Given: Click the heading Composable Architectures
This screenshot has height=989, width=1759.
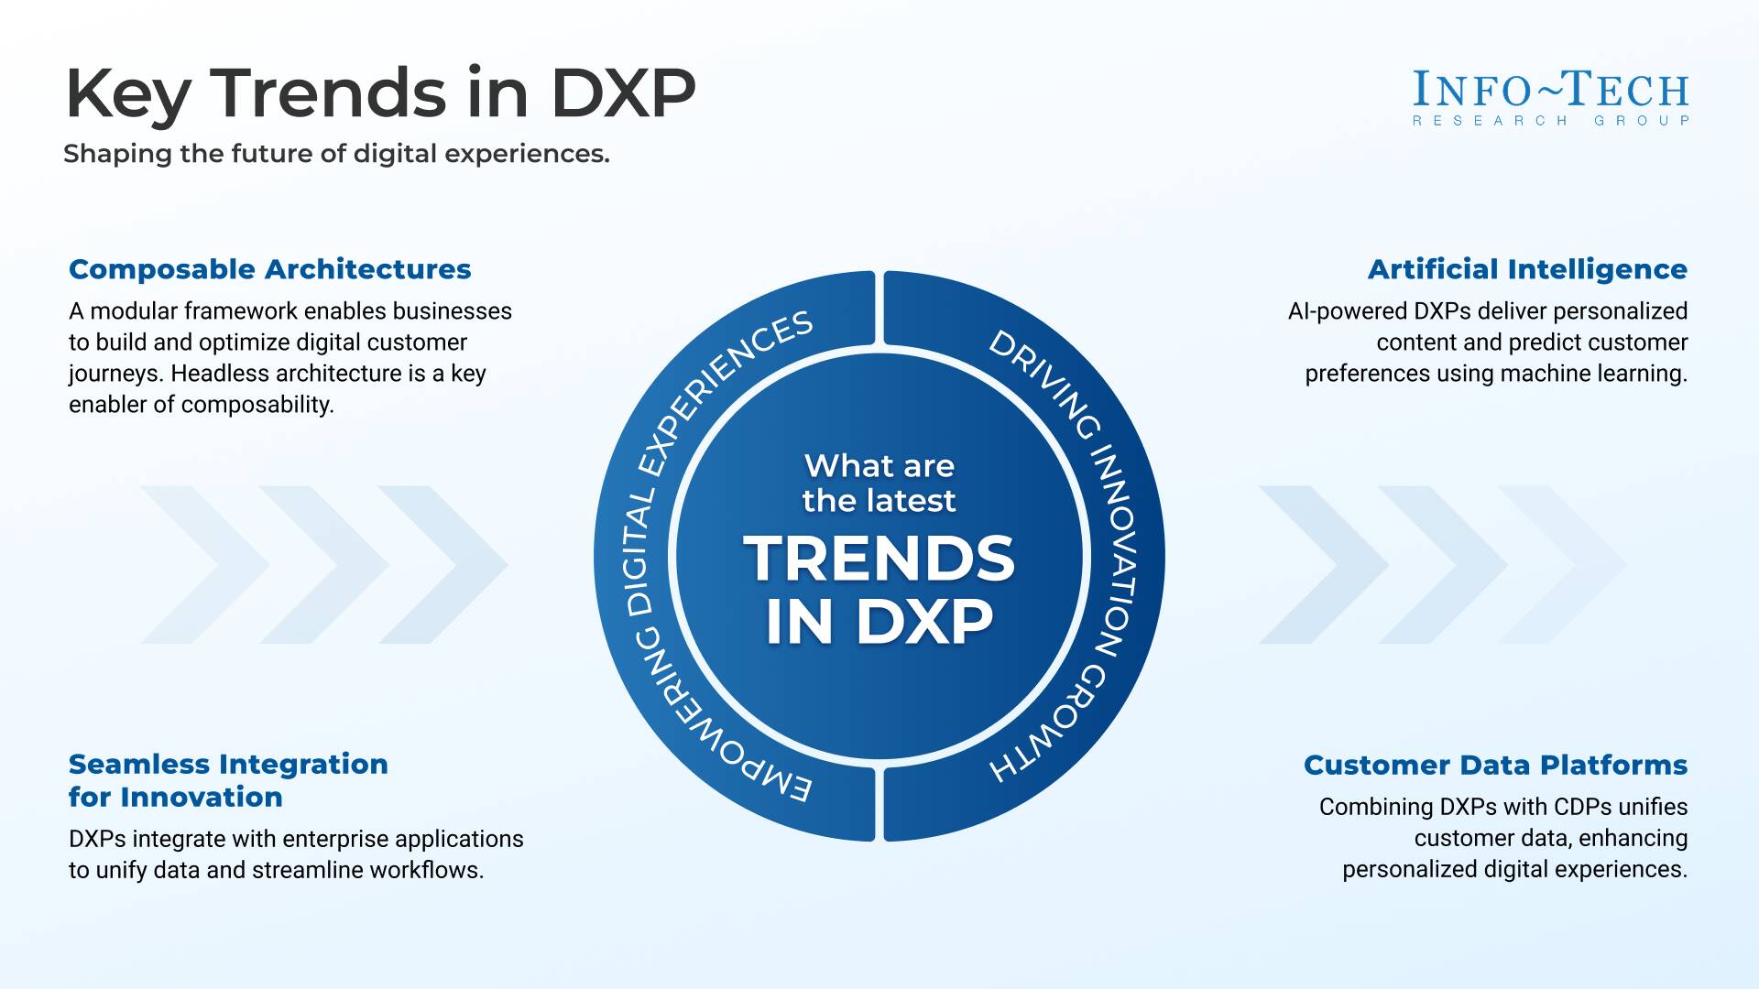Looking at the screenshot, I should coord(269,269).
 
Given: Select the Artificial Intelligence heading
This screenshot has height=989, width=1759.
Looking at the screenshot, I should coord(1527,269).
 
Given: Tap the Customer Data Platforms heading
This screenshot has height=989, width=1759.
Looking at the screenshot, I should coord(1495,765).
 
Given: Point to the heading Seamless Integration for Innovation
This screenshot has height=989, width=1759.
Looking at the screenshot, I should coord(228,780).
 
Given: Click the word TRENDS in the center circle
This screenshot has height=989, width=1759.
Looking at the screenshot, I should coord(879,559).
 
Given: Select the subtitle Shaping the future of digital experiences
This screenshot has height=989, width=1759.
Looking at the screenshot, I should coord(336,154).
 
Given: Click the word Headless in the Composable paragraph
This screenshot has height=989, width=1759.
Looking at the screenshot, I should coord(213,374).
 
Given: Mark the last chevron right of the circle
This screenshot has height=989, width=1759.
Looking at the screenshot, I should coord(1562,564).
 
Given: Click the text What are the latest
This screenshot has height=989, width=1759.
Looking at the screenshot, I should coord(879,483).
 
